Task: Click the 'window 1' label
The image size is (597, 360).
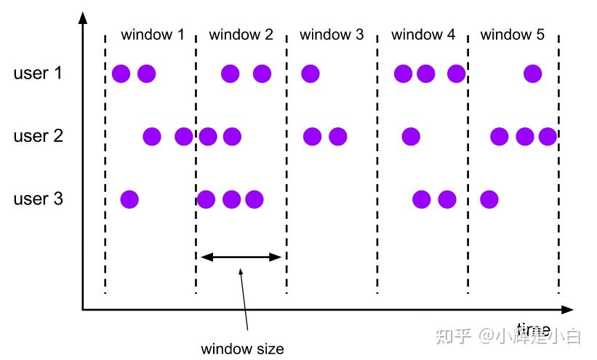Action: tap(153, 34)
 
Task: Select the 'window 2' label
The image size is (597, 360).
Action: tap(241, 34)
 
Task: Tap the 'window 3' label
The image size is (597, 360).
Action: tap(332, 34)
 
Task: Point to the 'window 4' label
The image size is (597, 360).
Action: tap(423, 34)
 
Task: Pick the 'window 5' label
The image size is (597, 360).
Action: tap(513, 34)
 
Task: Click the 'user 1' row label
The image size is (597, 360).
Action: tap(38, 73)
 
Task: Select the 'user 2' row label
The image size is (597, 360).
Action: tap(38, 136)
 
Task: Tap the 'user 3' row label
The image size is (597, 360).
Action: tap(38, 199)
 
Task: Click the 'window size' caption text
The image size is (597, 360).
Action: tap(242, 348)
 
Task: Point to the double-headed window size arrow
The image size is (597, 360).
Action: tap(241, 256)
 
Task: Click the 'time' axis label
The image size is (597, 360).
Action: tap(533, 329)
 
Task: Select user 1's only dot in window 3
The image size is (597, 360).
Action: tap(310, 73)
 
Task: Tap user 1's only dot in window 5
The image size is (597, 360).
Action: tap(532, 73)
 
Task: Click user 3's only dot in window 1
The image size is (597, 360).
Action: tap(129, 199)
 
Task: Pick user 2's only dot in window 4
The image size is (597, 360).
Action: tap(411, 136)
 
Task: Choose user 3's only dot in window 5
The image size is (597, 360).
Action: tap(489, 199)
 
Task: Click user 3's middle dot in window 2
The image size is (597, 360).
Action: tap(231, 199)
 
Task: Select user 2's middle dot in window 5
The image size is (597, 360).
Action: tap(524, 136)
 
